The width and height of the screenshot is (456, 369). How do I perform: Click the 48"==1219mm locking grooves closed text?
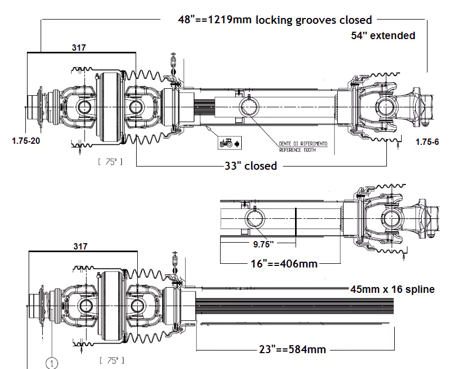275,20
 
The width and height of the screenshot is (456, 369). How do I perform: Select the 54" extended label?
383,35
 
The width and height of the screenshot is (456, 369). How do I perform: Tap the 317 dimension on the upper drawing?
79,47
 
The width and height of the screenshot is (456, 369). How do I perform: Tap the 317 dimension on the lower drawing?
80,246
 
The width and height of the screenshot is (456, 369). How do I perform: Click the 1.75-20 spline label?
25,141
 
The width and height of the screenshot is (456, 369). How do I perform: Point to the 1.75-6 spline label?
427,142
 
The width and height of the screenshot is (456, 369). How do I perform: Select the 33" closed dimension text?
251,166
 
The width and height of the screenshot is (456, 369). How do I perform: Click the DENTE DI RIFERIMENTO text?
303,144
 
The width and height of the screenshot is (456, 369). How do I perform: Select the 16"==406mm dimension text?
283,263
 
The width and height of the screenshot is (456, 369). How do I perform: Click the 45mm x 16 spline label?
392,289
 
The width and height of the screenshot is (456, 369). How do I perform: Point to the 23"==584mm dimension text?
292,349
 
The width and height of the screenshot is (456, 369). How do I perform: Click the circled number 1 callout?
52,363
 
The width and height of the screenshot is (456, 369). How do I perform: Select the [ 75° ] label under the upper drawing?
110,162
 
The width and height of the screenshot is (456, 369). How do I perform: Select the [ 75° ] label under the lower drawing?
111,360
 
